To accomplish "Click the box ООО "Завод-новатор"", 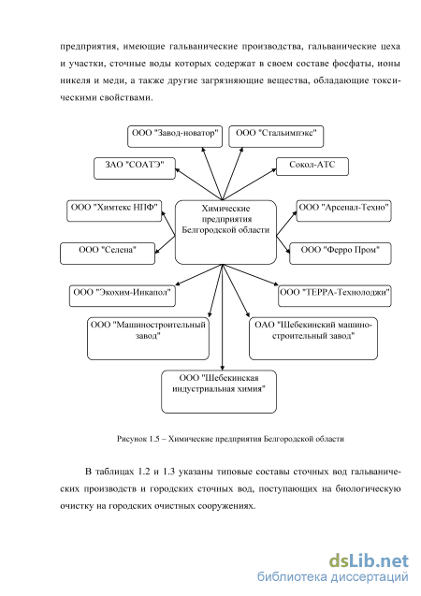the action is click(175, 137).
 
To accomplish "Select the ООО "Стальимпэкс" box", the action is click(276, 137).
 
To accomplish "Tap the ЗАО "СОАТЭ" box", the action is click(135, 168).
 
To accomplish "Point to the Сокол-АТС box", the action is click(312, 167).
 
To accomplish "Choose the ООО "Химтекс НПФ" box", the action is click(114, 211).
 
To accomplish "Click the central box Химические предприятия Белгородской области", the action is click(225, 232).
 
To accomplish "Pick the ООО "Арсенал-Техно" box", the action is click(344, 211).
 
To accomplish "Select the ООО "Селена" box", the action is click(108, 254).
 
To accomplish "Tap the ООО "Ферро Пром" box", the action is click(341, 254).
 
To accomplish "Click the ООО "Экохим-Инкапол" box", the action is click(123, 296).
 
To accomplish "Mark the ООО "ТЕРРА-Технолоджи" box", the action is click(335, 296).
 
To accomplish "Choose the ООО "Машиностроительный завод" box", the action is click(148, 339).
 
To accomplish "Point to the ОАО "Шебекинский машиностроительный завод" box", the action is click(313, 339).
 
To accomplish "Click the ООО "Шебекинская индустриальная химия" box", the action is click(219, 392).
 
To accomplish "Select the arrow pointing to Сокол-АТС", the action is click(249, 184).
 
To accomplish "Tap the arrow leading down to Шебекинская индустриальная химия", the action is click(223, 317).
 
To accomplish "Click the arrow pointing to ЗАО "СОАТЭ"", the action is click(198, 184).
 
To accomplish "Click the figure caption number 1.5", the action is click(153, 439).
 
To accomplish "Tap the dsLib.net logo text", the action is click(369, 560).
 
